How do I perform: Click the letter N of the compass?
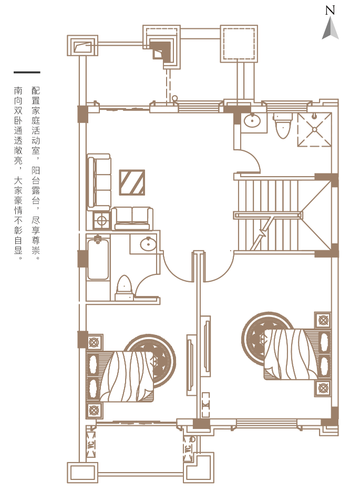(330, 11)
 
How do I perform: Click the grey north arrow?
(330, 28)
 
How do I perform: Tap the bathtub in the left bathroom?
(98, 259)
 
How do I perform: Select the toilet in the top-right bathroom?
(283, 126)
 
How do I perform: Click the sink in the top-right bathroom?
(252, 121)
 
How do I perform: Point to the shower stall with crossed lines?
(314, 129)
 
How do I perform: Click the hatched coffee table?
(132, 182)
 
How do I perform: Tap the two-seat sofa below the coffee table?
(132, 219)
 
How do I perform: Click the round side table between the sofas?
(102, 220)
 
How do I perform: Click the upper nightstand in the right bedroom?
(323, 320)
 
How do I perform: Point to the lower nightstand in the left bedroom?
(94, 410)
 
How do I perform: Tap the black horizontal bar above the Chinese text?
(27, 73)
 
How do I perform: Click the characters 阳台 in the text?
(36, 176)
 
